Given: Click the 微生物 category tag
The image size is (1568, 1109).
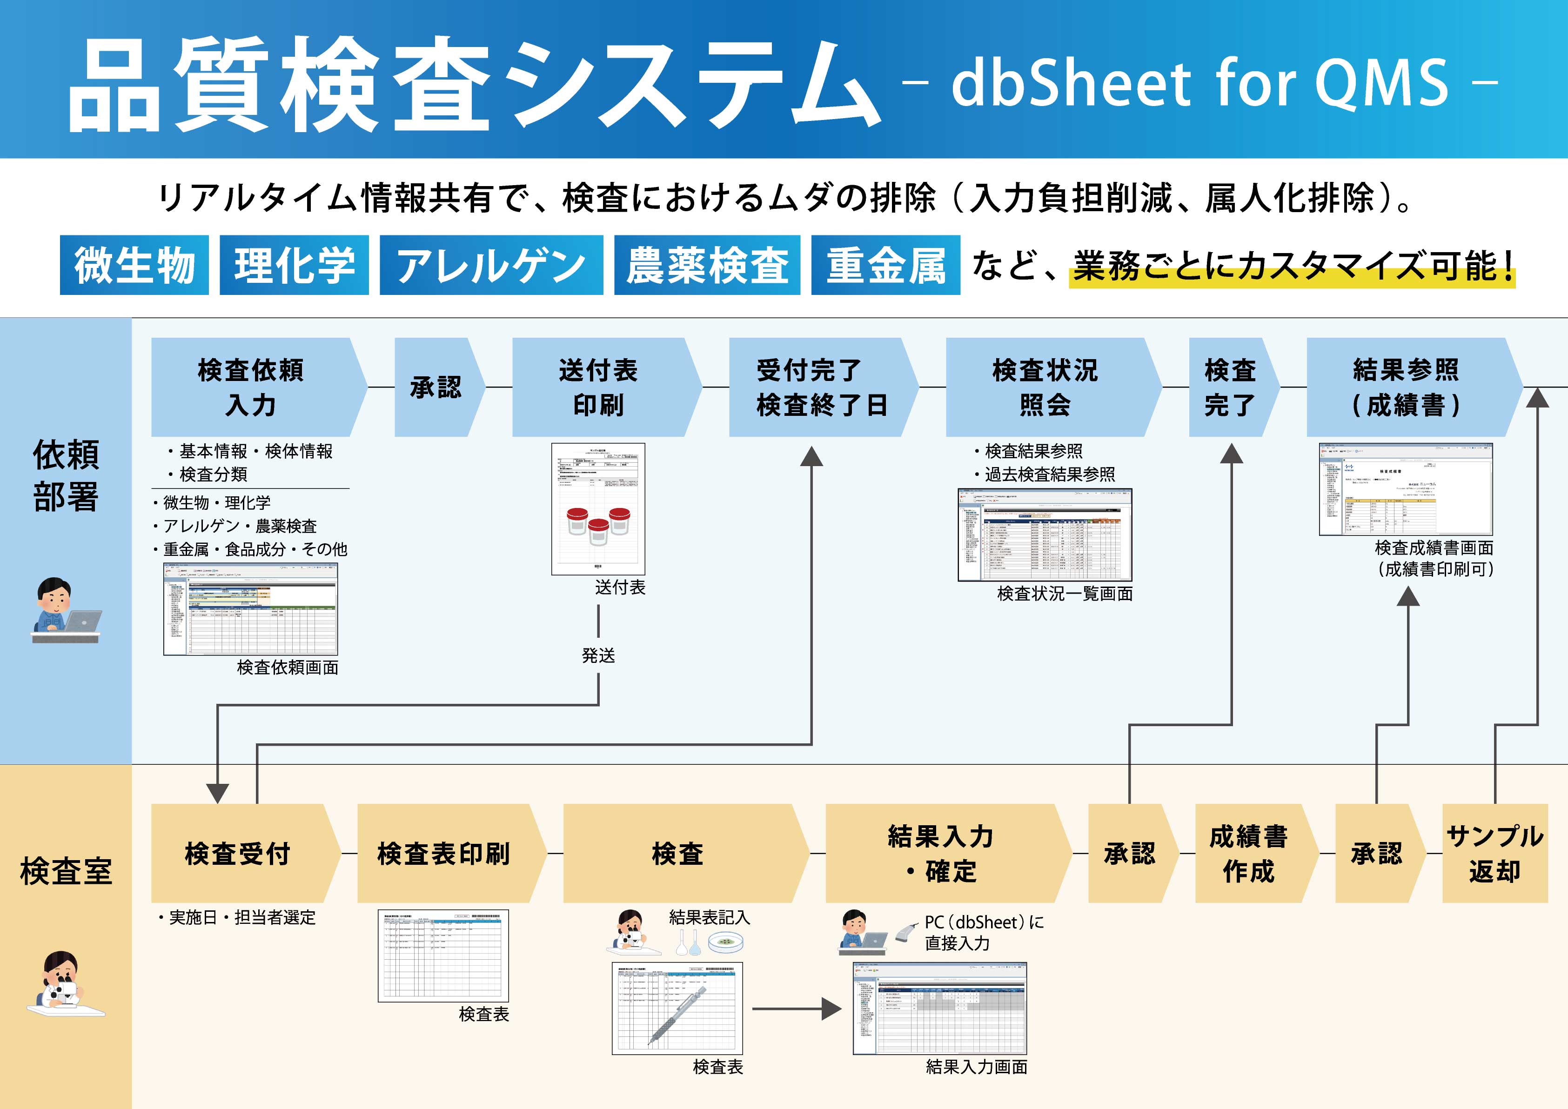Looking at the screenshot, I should coord(134,265).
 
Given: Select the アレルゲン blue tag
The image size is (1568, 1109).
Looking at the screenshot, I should coord(491,265).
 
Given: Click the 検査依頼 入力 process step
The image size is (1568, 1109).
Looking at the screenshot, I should coord(251,387).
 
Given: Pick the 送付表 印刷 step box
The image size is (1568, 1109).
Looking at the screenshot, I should coord(599,387).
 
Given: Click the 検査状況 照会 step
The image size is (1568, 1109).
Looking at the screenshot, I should coord(1045,387).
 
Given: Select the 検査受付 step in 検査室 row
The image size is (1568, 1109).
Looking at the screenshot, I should coord(238,854).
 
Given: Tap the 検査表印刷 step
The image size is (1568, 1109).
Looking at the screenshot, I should coord(444,854).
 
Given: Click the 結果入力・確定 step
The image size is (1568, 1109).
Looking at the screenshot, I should coord(941,854).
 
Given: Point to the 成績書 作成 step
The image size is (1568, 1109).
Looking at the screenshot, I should coord(1248,854).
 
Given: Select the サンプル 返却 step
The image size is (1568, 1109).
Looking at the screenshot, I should coord(1494,854).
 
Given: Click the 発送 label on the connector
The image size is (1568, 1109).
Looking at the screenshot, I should coord(598,655).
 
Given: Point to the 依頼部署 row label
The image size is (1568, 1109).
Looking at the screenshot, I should coord(66,475).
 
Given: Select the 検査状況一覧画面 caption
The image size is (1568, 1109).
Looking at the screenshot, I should coord(1064,594).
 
